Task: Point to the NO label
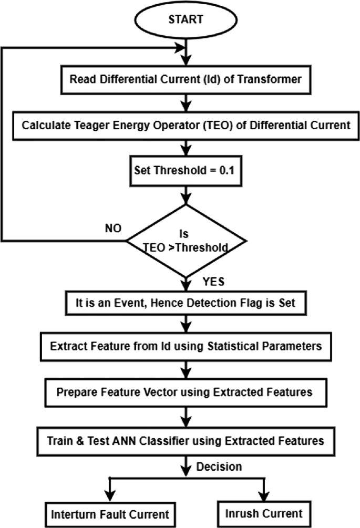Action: coord(112,230)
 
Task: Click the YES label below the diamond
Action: coord(213,282)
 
